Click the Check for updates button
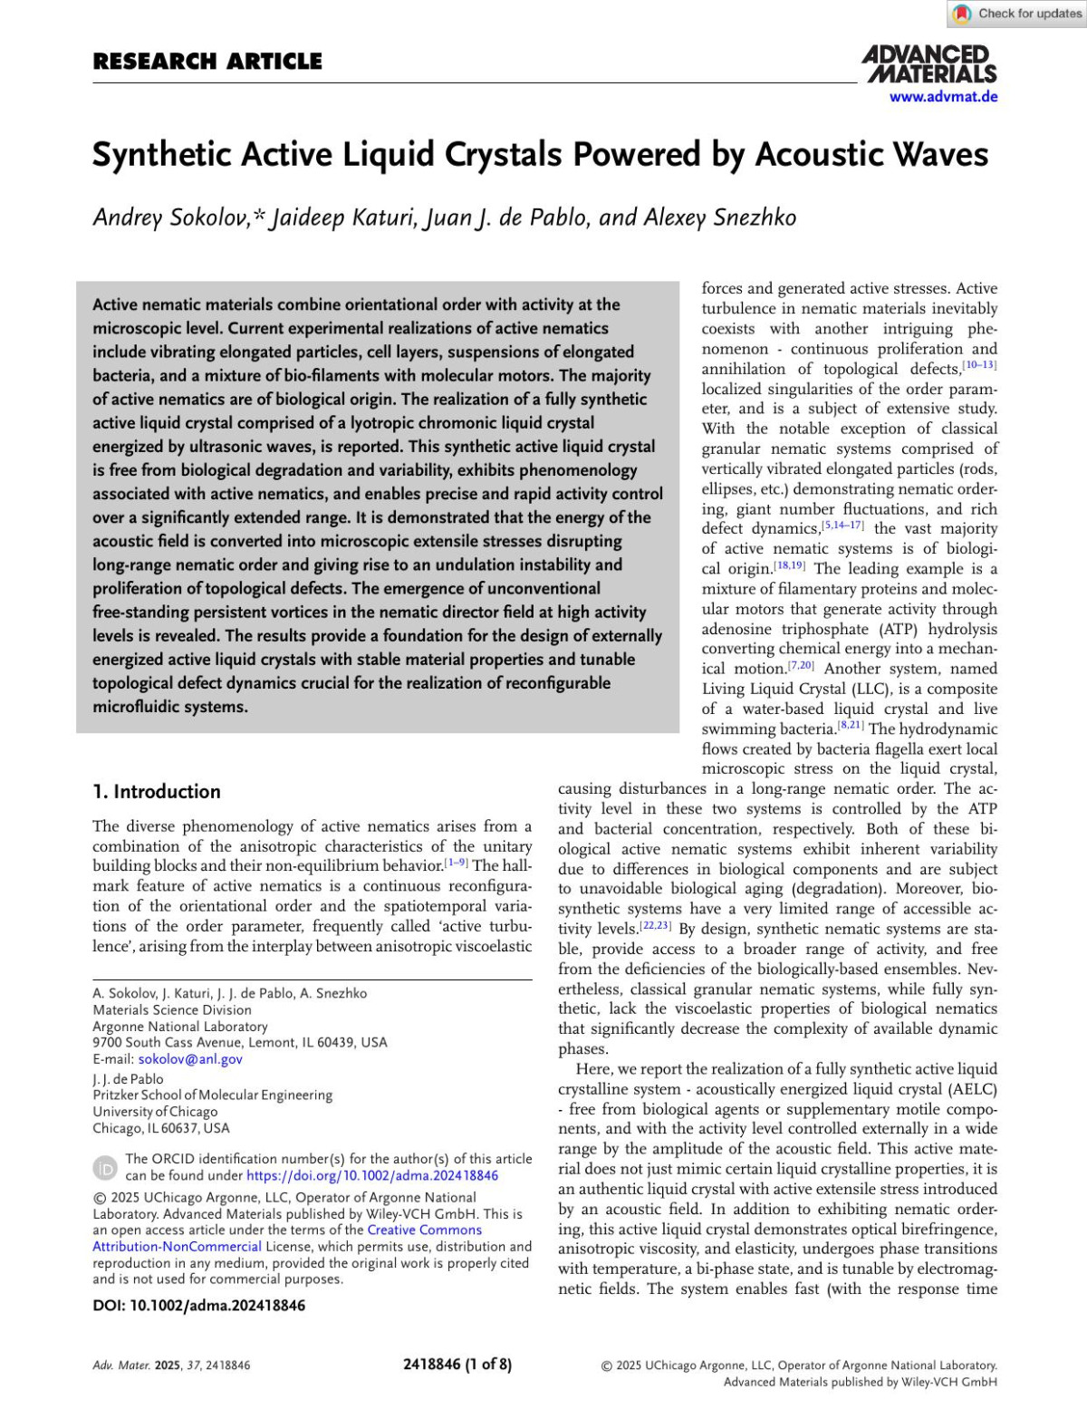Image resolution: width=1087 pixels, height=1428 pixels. coord(1017,14)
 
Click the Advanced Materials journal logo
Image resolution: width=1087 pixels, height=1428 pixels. coord(929,65)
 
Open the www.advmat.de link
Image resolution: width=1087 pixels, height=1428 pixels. coord(943,97)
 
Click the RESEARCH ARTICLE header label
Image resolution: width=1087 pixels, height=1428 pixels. coord(207,62)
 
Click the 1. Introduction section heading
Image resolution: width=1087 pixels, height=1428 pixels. coord(157,791)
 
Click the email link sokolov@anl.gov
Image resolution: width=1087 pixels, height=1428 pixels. coord(190,1058)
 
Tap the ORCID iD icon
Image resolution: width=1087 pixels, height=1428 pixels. coord(106,1167)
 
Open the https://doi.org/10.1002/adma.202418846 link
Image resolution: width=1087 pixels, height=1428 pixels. coord(372,1175)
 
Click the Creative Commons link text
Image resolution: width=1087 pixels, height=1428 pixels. coord(424,1230)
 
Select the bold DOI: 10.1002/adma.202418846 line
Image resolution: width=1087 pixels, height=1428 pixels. coord(198,1306)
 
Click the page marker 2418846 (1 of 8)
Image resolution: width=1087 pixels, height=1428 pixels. coord(457,1365)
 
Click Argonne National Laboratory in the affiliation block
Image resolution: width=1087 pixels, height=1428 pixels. coord(180,1026)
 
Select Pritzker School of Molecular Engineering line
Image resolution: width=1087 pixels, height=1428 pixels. coord(212,1095)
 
